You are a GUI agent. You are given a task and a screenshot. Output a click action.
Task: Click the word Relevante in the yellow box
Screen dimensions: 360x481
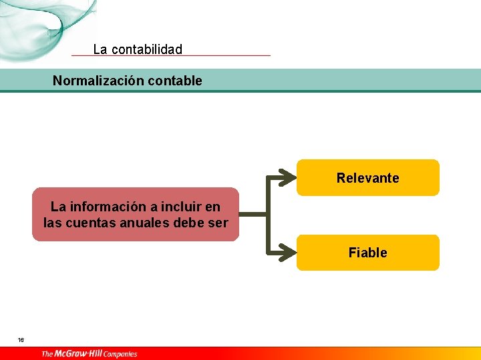pos(367,178)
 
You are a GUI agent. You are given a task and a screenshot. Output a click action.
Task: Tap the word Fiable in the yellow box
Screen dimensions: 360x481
pos(367,253)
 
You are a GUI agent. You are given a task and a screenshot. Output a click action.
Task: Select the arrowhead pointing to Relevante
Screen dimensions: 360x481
pos(287,178)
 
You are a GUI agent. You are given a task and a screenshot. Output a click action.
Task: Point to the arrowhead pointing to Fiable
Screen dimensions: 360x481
pos(287,253)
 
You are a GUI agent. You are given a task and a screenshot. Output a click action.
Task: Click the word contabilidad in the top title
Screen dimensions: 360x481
pos(147,49)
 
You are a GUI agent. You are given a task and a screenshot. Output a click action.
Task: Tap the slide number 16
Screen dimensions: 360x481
pos(21,340)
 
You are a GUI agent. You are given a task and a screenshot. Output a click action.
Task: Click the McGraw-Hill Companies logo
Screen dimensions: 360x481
pos(89,353)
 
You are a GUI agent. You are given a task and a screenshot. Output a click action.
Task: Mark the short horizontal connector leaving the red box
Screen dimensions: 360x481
pos(253,215)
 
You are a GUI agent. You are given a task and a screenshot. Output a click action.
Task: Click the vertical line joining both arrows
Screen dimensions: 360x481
pos(268,215)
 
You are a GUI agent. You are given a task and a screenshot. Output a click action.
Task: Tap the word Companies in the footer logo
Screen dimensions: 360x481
pos(120,354)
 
